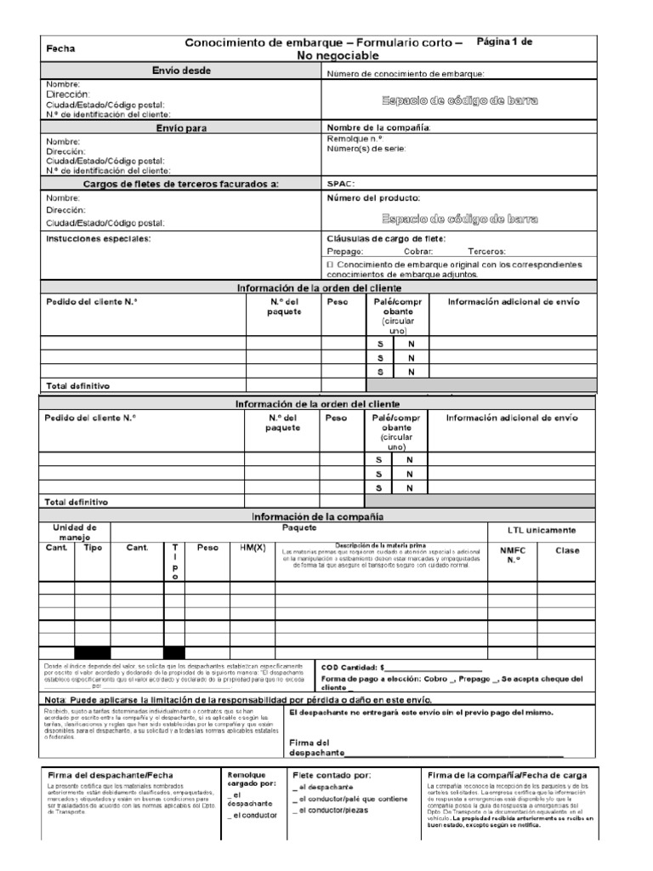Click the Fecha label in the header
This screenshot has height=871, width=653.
tap(60, 49)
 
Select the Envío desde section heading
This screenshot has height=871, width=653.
tap(181, 70)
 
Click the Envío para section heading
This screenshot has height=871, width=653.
tap(181, 128)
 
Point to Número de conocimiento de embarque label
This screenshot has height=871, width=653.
tap(406, 75)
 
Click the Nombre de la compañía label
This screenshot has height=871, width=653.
tap(379, 128)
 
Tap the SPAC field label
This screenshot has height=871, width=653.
tap(341, 183)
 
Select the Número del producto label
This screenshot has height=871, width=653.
tap(373, 197)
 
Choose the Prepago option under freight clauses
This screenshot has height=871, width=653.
tap(346, 252)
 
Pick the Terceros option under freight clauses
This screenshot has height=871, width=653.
tap(486, 252)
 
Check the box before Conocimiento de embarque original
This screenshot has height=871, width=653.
tap(331, 265)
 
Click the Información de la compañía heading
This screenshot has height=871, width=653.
tap(317, 516)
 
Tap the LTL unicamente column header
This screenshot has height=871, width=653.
tap(552, 531)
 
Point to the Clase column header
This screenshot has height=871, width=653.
tap(566, 550)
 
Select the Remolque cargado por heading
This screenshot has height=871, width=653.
tap(248, 780)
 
